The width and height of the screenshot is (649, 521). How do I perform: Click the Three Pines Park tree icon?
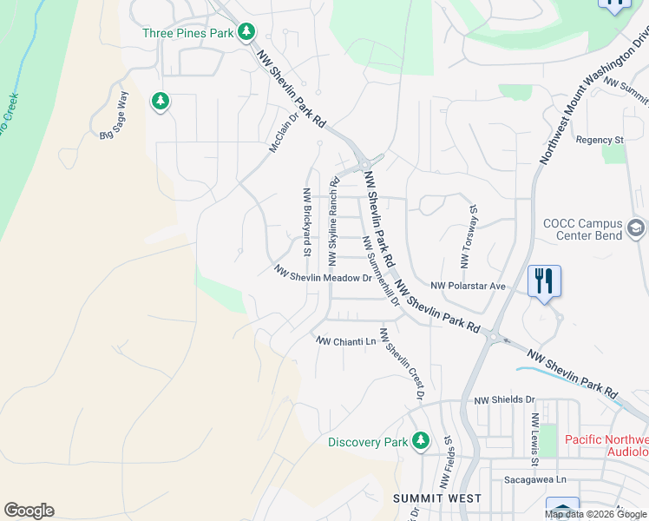pos(247,32)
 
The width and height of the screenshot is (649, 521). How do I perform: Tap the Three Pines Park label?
pos(188,33)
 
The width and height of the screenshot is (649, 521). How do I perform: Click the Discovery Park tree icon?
pos(421,441)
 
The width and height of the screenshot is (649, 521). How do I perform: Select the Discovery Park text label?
pos(368,442)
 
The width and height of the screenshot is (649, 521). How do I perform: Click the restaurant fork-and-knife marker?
pos(544,281)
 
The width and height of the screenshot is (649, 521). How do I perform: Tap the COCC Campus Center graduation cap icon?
pos(636,228)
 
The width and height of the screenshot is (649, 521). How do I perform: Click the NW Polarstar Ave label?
pos(468,285)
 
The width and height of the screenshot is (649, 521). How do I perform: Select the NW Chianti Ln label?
pos(346,341)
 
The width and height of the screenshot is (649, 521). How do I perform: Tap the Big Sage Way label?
pos(114,115)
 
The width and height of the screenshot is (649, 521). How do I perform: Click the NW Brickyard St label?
pos(306,223)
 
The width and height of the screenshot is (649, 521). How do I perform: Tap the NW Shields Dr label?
pos(504,399)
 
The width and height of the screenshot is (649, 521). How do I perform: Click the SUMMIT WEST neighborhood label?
pos(431,498)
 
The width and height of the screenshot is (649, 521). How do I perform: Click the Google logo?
pos(29,511)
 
